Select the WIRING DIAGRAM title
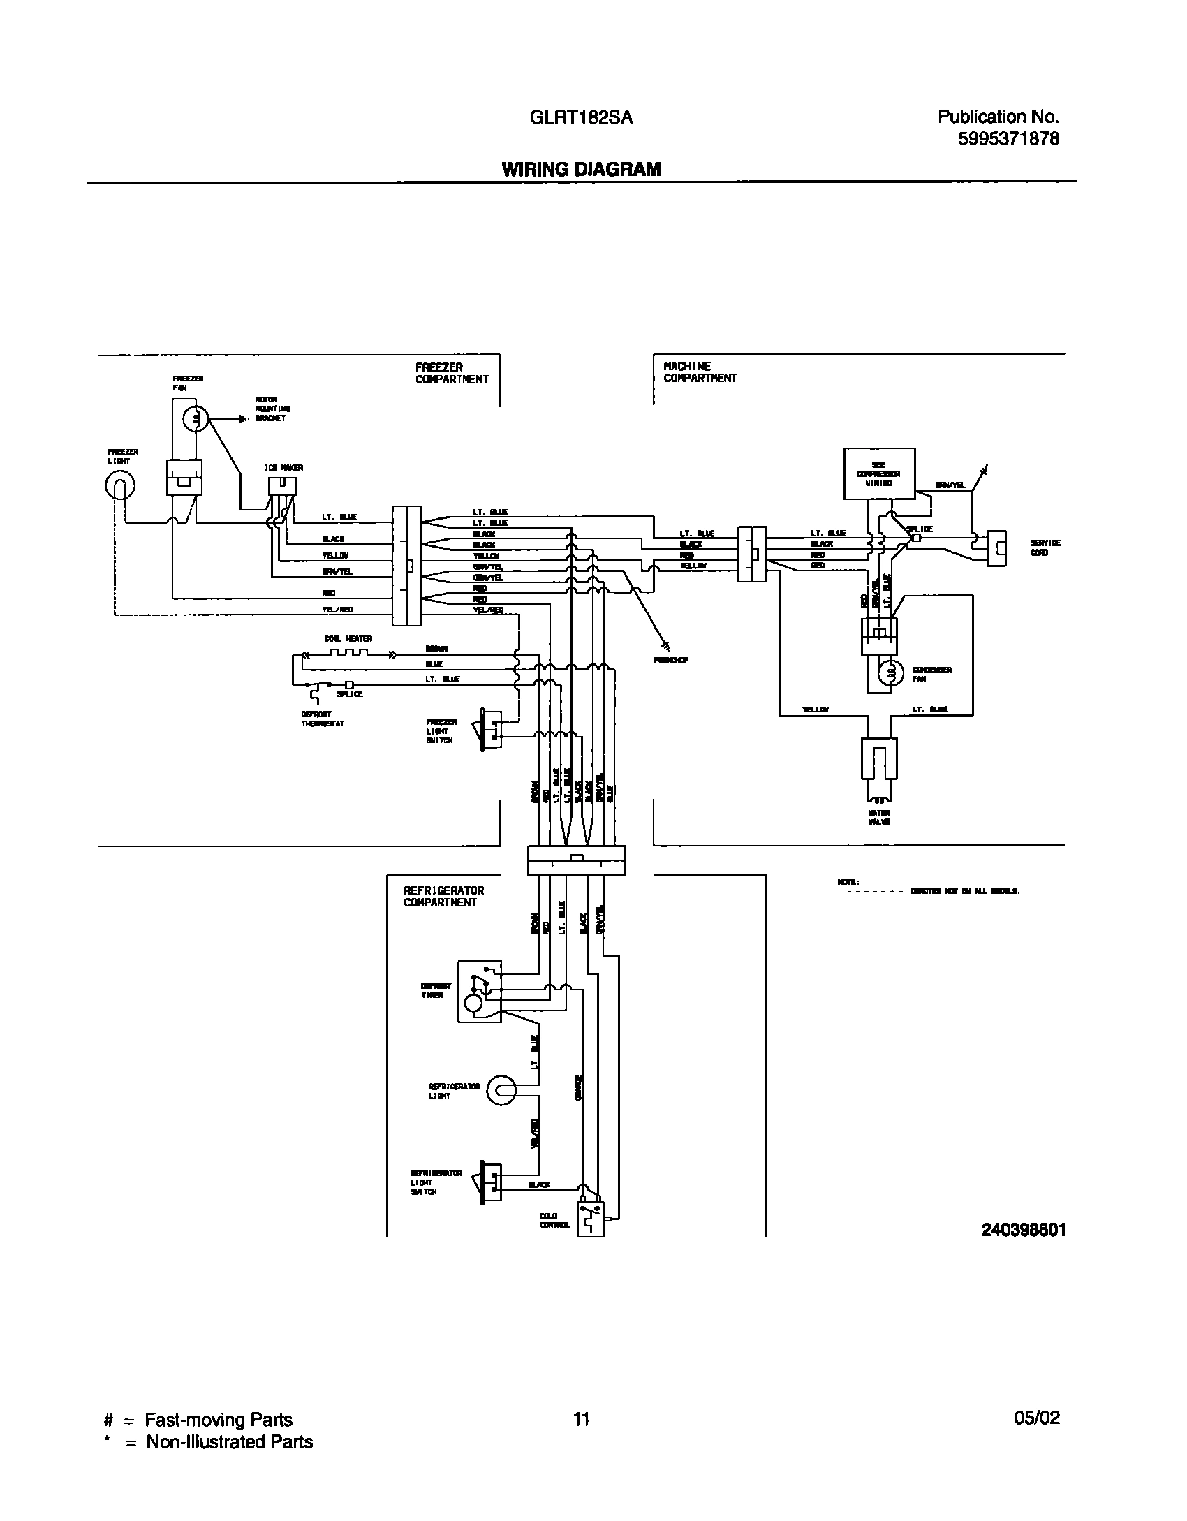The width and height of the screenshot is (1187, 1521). tap(581, 170)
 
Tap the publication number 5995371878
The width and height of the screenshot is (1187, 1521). tap(1008, 139)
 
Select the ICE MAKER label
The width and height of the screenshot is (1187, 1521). tap(283, 467)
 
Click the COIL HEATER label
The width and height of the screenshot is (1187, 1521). tap(348, 638)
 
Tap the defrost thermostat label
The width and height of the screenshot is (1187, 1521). tap(322, 719)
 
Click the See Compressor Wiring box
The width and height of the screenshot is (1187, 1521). tap(879, 473)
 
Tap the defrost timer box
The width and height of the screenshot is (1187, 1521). tap(479, 992)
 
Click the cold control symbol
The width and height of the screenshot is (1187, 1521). tap(590, 1219)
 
